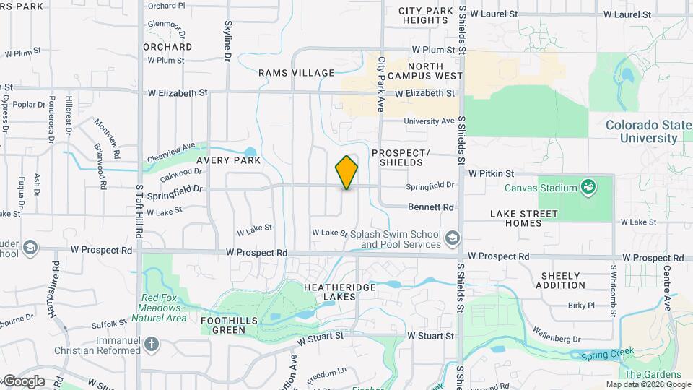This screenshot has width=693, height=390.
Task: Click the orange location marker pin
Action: click(x=347, y=173)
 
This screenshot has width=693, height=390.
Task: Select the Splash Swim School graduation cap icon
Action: click(x=452, y=238)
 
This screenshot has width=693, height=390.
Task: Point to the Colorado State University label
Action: click(x=648, y=131)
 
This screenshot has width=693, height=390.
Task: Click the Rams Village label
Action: click(x=297, y=73)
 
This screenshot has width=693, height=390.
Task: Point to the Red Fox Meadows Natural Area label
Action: click(x=164, y=308)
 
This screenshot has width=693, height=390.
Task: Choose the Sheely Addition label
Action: click(x=560, y=280)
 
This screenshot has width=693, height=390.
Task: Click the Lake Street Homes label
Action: click(x=524, y=218)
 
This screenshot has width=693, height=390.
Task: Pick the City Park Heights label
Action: click(x=427, y=15)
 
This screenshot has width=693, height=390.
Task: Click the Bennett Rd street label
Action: click(x=431, y=207)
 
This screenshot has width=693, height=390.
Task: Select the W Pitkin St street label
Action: click(x=491, y=174)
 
